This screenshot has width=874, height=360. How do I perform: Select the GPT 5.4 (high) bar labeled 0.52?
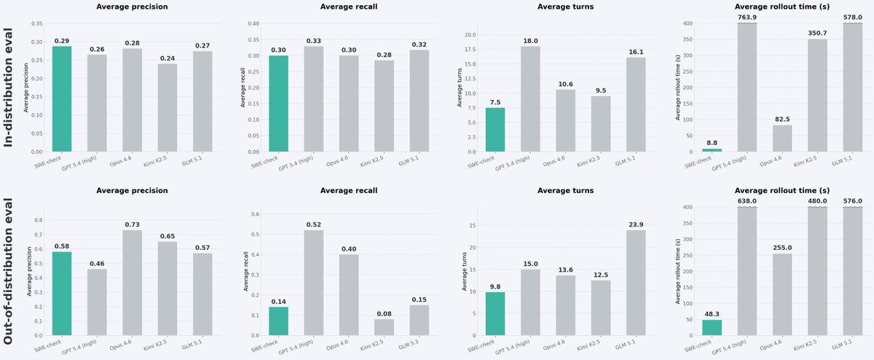pyautogui.click(x=313, y=283)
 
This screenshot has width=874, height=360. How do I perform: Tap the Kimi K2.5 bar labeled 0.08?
pyautogui.click(x=384, y=327)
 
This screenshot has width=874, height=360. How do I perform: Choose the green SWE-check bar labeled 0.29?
pyautogui.click(x=62, y=99)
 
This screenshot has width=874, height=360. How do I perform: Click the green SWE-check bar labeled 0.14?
pyautogui.click(x=278, y=321)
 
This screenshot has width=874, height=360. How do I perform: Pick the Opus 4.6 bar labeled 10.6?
pyautogui.click(x=565, y=121)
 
